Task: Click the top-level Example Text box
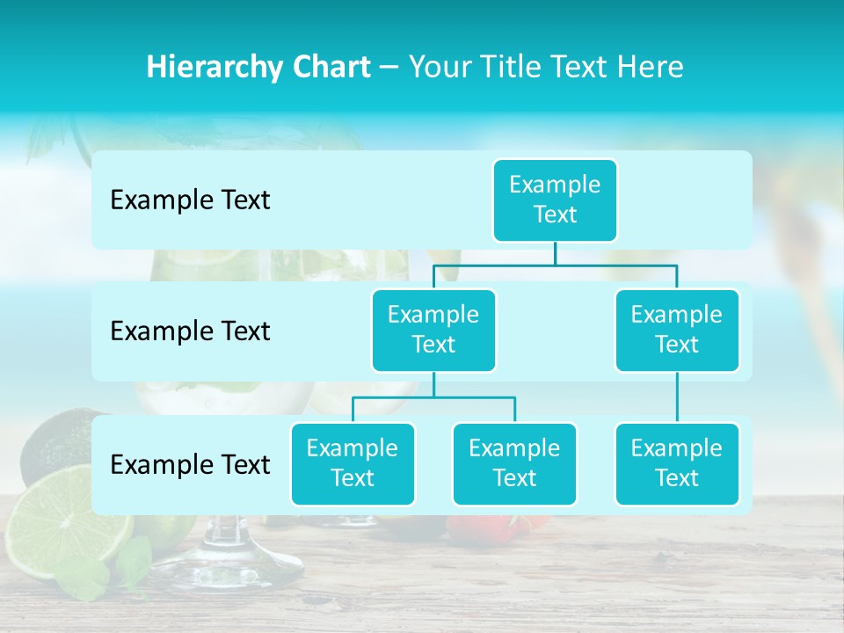[x=555, y=200]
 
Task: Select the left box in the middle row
[x=433, y=330]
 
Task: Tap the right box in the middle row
[x=677, y=330]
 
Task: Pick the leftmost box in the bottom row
[x=353, y=463]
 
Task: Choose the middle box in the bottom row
[x=514, y=463]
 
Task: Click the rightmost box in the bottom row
[x=677, y=463]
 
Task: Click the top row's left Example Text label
[x=190, y=200]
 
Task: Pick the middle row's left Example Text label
[x=190, y=331]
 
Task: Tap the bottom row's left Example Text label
[x=190, y=464]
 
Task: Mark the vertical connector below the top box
[x=555, y=253]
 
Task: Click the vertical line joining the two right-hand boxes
[x=677, y=397]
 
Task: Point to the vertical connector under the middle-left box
[x=433, y=384]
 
